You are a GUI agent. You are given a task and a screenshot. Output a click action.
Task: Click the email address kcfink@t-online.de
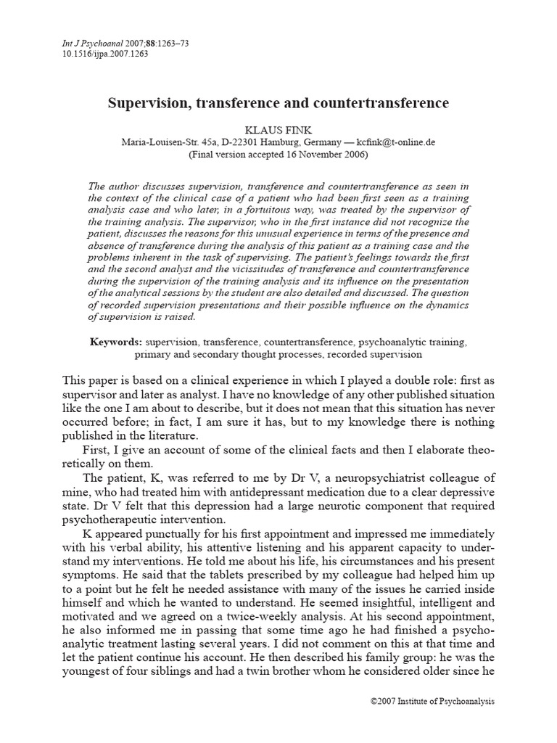[392, 142]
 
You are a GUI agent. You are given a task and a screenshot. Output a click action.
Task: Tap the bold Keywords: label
[116, 341]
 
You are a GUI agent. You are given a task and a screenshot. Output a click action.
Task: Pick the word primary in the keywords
[152, 355]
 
